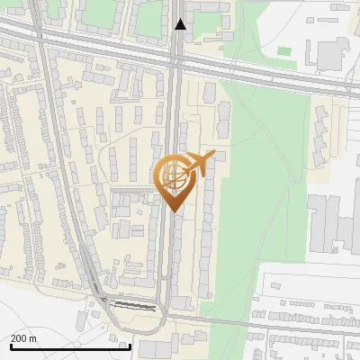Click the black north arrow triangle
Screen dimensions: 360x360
pyautogui.click(x=181, y=24)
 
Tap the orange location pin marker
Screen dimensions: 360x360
pyautogui.click(x=175, y=180)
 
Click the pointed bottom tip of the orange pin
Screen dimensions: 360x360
pyautogui.click(x=175, y=210)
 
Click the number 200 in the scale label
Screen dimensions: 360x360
pyautogui.click(x=19, y=338)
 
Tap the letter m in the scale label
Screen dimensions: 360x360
pyautogui.click(x=33, y=338)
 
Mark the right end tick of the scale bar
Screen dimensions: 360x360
pyautogui.click(x=130, y=346)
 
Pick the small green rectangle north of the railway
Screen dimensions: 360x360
pyautogui.click(x=286, y=64)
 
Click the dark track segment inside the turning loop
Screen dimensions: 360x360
pyautogui.click(x=135, y=306)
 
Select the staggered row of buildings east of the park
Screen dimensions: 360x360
pyautogui.click(x=320, y=135)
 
